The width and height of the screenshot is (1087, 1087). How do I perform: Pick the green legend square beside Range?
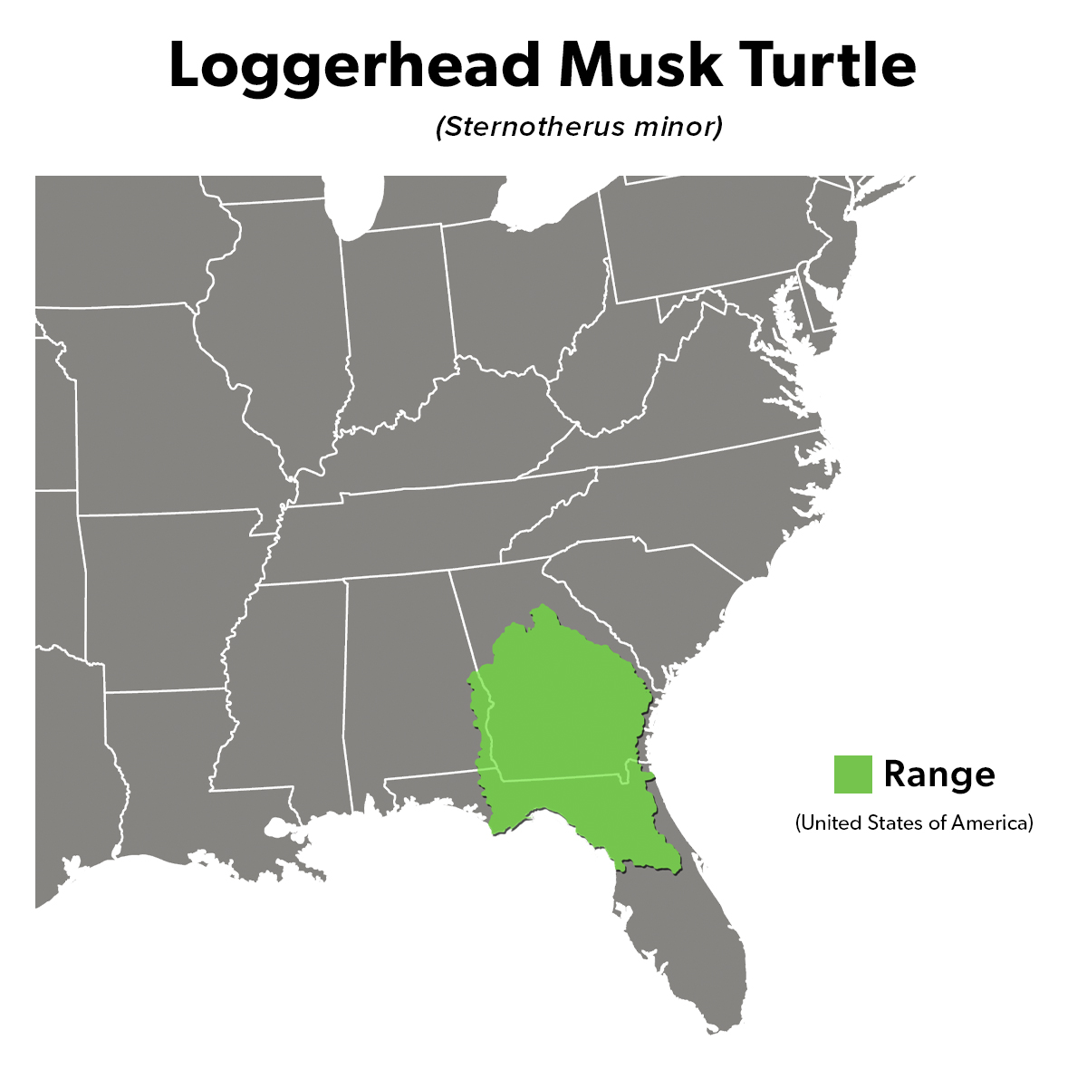pos(852,774)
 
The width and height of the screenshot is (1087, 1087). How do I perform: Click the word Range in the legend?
pos(938,774)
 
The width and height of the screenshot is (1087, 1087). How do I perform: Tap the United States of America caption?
pos(914,823)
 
